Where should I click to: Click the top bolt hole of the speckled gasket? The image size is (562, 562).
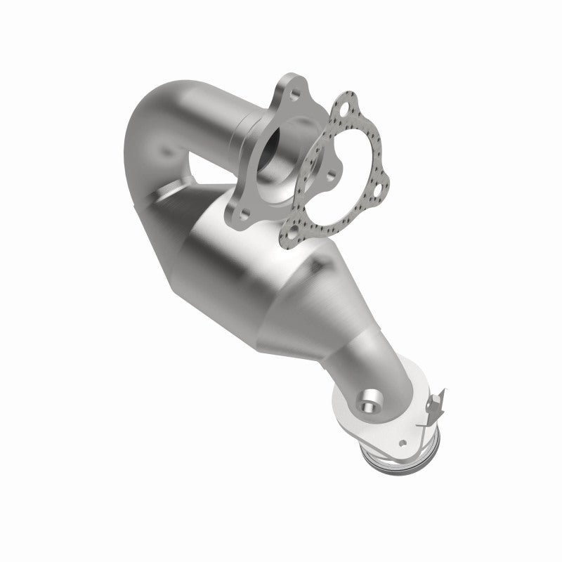tap(344, 110)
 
